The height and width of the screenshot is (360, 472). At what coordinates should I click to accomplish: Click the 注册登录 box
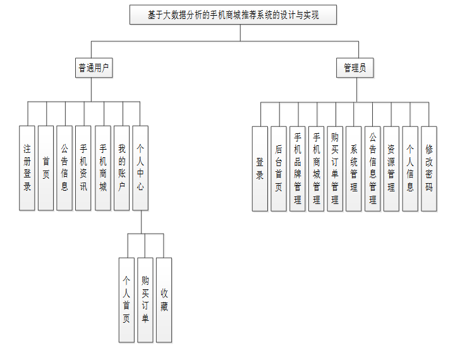point(27,167)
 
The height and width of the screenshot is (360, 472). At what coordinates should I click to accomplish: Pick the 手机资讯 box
point(83,167)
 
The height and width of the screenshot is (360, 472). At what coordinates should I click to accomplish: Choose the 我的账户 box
point(122,167)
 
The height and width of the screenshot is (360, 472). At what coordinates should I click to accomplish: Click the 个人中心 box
point(140,167)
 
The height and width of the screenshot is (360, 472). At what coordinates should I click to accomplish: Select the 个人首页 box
point(126,299)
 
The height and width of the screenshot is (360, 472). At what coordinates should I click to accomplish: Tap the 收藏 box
point(164,299)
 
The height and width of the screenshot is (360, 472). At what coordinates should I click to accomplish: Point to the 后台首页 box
point(279,168)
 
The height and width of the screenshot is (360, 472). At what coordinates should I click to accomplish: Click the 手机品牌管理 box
point(298,168)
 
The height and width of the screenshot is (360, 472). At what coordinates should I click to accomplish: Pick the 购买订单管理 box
point(335,168)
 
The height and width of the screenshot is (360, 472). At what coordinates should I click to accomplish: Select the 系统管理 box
point(354,168)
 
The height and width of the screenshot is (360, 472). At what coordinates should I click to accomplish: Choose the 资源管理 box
point(392,168)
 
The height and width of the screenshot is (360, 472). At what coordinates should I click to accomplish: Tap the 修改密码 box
point(429,168)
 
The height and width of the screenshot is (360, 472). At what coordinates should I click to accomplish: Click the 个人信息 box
point(410,168)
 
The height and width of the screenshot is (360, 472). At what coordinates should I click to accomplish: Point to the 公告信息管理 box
point(373,168)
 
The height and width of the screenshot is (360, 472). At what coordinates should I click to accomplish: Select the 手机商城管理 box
point(317,168)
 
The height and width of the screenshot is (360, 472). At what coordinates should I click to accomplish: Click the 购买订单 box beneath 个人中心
point(145,299)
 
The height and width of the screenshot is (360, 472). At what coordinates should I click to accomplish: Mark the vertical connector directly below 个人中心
point(141,221)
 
